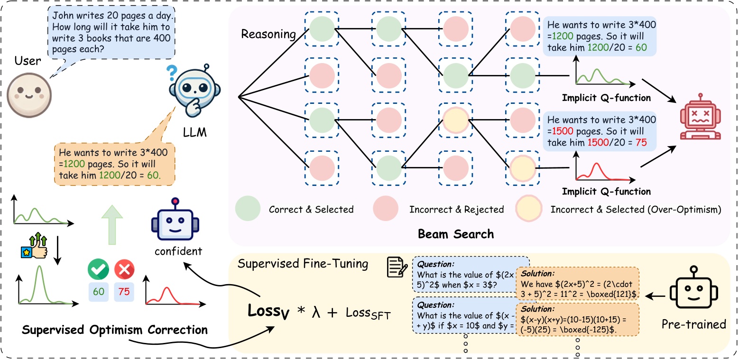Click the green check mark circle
click(99, 269)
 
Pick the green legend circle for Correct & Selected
click(247, 209)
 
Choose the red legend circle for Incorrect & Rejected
click(388, 209)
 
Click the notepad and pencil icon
click(395, 268)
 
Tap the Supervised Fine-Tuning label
click(303, 263)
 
